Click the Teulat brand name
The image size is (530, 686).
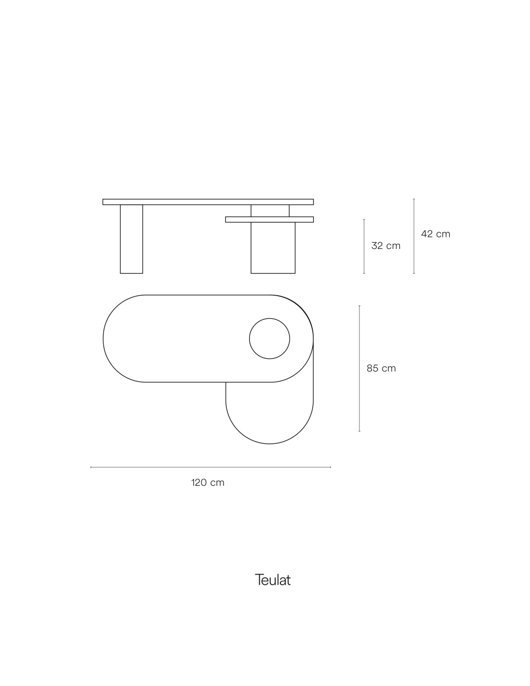(272, 580)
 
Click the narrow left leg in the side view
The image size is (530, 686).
(132, 239)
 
